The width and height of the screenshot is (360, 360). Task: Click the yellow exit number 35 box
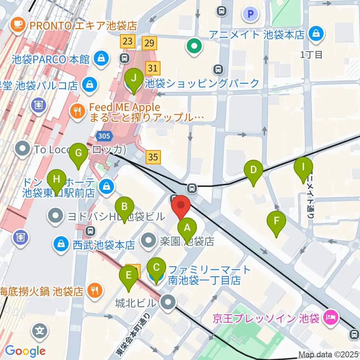[x=153, y=157]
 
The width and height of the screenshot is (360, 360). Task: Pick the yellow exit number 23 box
[x=127, y=41]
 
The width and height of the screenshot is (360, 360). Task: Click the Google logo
[x=25, y=351]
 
